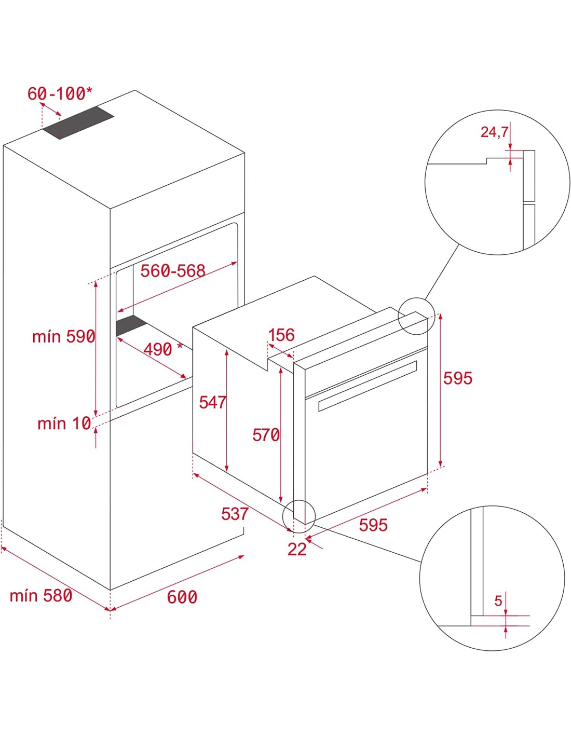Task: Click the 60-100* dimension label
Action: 60,93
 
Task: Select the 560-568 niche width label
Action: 173,271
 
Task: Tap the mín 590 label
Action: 63,336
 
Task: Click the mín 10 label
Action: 64,423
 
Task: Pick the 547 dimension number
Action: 212,402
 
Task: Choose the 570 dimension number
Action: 266,435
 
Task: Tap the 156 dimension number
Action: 281,335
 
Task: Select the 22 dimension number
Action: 297,549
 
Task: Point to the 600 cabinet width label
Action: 182,597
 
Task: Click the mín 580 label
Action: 41,595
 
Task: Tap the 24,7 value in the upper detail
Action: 494,132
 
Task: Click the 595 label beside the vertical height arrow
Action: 457,378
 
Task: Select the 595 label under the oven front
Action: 373,525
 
